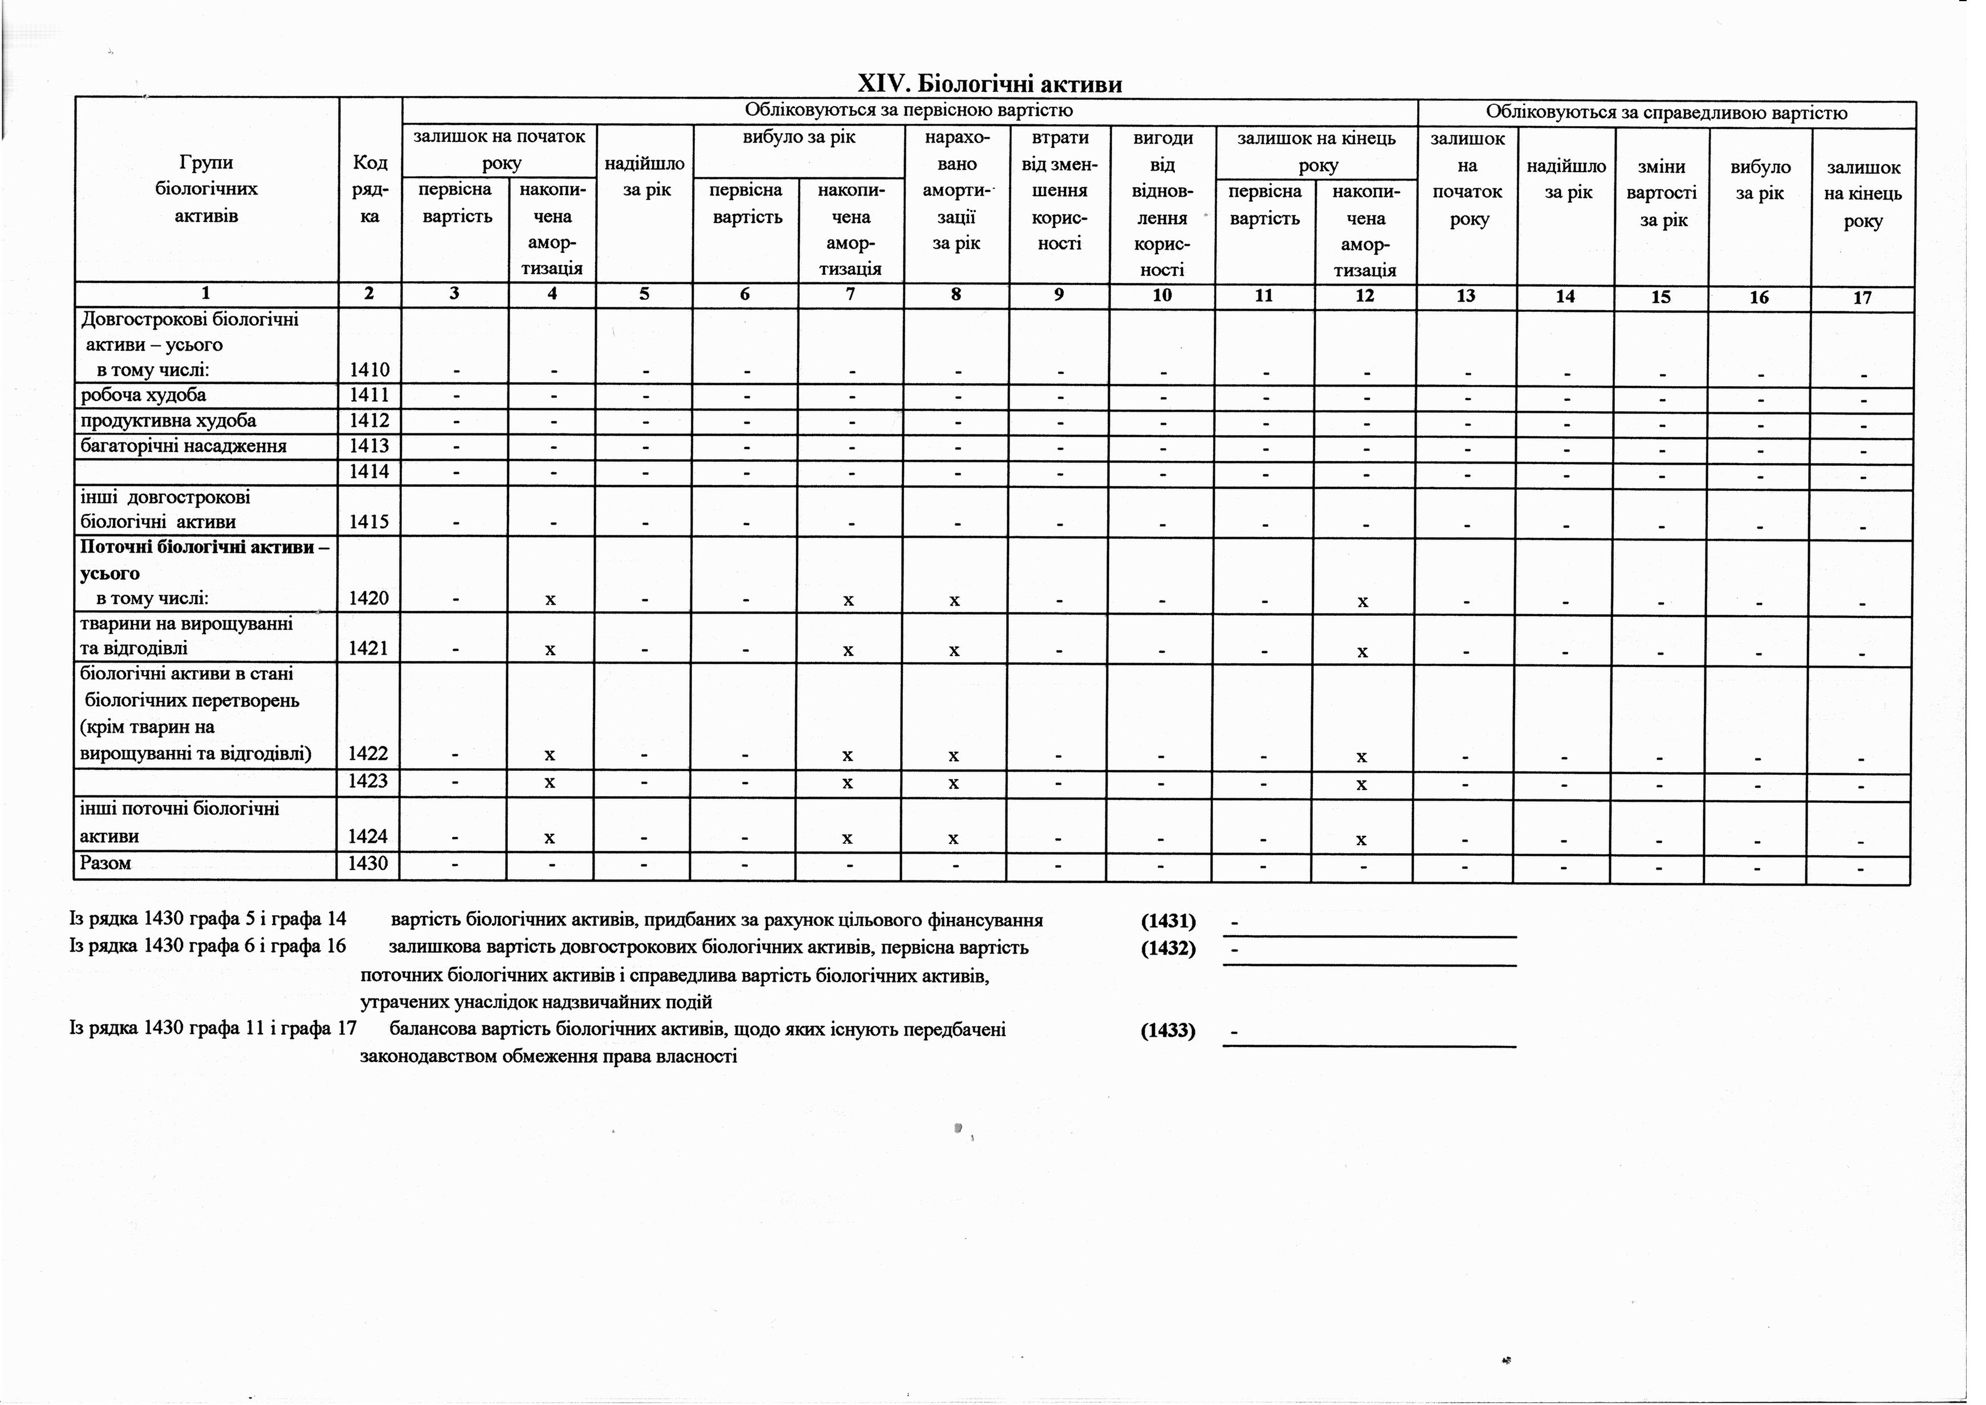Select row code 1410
click(x=369, y=370)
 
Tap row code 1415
click(x=369, y=522)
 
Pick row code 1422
click(x=368, y=754)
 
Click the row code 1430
click(x=368, y=863)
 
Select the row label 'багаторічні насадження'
click(x=184, y=446)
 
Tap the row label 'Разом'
click(x=105, y=863)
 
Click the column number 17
click(x=1862, y=298)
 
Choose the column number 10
click(x=1162, y=295)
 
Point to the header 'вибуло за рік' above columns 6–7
click(x=799, y=137)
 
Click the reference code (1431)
click(x=1168, y=920)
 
